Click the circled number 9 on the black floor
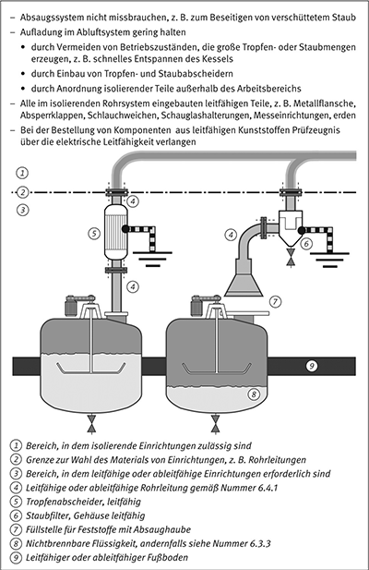(x=311, y=366)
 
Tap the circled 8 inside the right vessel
(x=254, y=394)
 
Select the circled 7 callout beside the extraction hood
(x=276, y=301)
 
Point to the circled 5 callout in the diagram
(x=94, y=233)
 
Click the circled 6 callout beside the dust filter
(x=306, y=243)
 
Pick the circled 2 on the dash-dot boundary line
(x=23, y=191)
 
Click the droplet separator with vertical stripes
(x=115, y=232)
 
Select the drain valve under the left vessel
(x=91, y=425)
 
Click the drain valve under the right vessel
(x=216, y=425)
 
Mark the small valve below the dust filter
(x=291, y=258)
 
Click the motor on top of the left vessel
(x=70, y=306)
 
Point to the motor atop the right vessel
(x=197, y=306)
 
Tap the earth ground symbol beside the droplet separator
(x=152, y=259)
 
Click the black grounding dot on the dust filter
(x=301, y=230)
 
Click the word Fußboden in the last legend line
(x=170, y=557)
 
